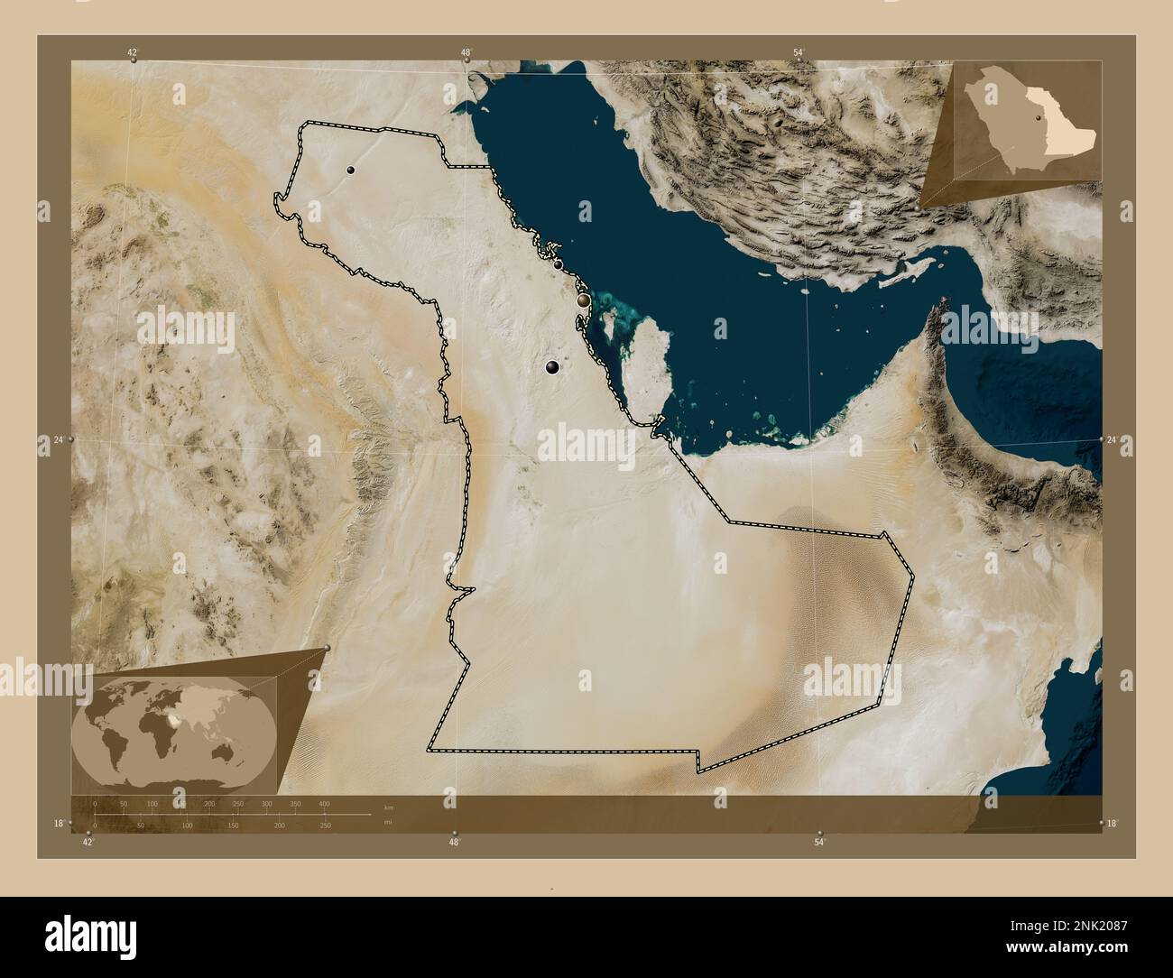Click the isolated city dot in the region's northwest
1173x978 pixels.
pyautogui.click(x=349, y=170)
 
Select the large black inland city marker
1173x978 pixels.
pyautogui.click(x=552, y=367)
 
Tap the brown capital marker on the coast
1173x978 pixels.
pyautogui.click(x=584, y=299)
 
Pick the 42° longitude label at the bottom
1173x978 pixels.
pyautogui.click(x=88, y=842)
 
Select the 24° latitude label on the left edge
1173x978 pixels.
pyautogui.click(x=58, y=439)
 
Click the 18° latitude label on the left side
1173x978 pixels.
pyautogui.click(x=59, y=823)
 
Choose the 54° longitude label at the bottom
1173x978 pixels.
pyautogui.click(x=819, y=842)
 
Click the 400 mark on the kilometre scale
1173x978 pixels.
pyautogui.click(x=324, y=803)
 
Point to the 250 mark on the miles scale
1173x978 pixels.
pyautogui.click(x=326, y=825)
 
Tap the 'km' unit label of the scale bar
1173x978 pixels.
pyautogui.click(x=389, y=807)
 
